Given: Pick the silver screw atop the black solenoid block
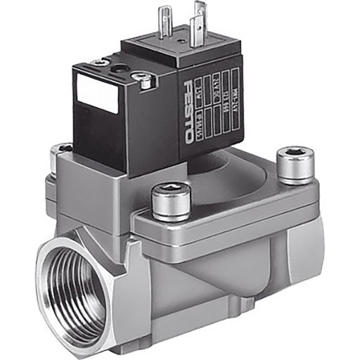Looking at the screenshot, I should click(146, 82).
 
